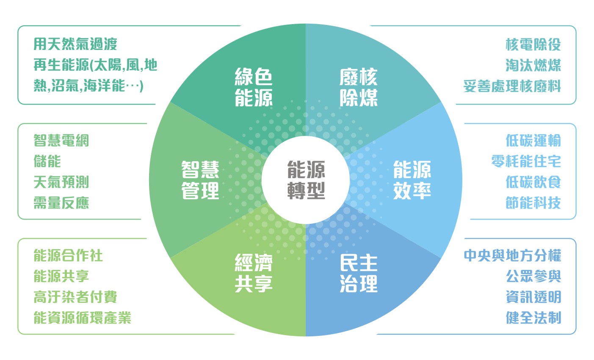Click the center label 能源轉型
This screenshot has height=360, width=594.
[x=306, y=180]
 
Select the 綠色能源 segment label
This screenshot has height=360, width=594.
[x=254, y=87]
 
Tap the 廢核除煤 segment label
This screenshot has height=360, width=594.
[x=359, y=87]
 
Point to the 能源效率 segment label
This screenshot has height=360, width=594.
[x=412, y=180]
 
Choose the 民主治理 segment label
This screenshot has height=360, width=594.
[x=359, y=273]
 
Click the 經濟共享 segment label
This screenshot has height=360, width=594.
[x=254, y=273]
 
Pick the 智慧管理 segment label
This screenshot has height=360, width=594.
[x=200, y=180]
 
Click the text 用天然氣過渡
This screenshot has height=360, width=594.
[x=75, y=44]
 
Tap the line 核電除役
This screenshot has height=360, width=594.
[x=533, y=44]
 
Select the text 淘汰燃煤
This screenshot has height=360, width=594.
[x=533, y=65]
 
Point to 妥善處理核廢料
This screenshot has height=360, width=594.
[x=512, y=86]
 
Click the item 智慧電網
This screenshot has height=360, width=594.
[x=61, y=140]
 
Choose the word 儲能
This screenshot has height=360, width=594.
[x=47, y=161]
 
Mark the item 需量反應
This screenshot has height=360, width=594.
[x=61, y=203]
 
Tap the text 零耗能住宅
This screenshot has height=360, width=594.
[x=526, y=161]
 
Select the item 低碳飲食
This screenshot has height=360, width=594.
[x=533, y=182]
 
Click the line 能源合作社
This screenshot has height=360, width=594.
[x=68, y=256]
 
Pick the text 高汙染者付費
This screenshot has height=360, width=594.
[x=75, y=297]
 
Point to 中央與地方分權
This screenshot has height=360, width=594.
[x=513, y=256]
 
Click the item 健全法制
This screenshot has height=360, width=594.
[x=533, y=318]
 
